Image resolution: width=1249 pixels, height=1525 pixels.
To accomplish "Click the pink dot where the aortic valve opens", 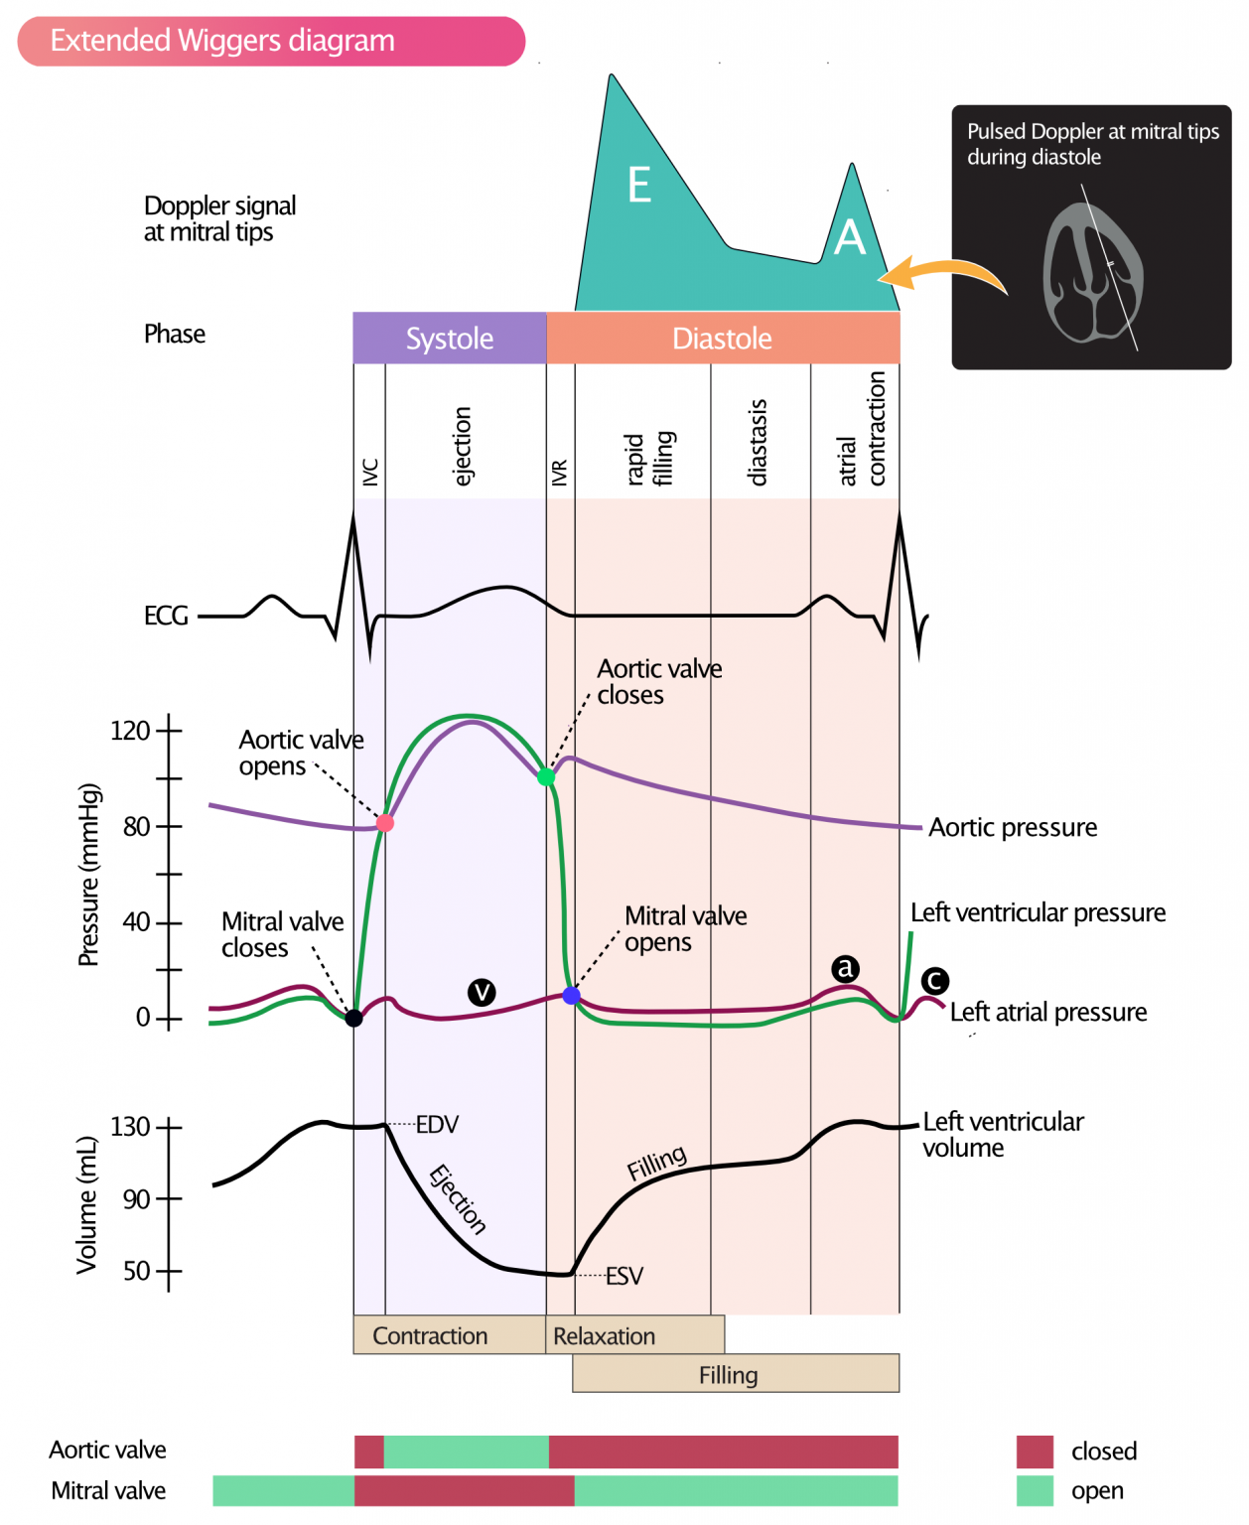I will click(385, 823).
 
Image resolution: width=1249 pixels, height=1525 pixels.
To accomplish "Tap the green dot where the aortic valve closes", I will click(546, 776).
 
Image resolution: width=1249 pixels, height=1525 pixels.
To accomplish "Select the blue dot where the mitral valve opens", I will click(572, 995).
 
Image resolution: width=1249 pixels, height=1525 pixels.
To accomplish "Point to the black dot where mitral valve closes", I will click(353, 1018).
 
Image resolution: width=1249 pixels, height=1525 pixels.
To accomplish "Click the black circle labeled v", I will click(482, 992).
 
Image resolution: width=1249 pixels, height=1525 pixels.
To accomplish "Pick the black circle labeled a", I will click(845, 968).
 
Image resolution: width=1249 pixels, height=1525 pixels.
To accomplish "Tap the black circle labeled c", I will click(934, 981).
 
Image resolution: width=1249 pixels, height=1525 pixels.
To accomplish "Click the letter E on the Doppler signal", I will click(639, 186).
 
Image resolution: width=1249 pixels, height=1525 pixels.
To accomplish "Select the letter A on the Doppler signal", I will click(850, 238).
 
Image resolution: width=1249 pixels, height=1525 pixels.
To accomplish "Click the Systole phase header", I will click(450, 339).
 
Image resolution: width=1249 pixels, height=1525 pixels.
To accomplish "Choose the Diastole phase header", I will click(722, 339).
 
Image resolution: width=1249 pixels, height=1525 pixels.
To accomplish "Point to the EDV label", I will click(437, 1125).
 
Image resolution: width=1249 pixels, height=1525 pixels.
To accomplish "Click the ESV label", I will click(624, 1276).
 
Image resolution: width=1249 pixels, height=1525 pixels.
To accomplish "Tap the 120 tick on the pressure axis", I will click(169, 731).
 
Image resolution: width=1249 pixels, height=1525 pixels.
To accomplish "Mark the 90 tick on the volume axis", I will click(169, 1199).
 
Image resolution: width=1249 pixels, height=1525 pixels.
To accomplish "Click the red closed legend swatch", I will click(1035, 1452).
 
